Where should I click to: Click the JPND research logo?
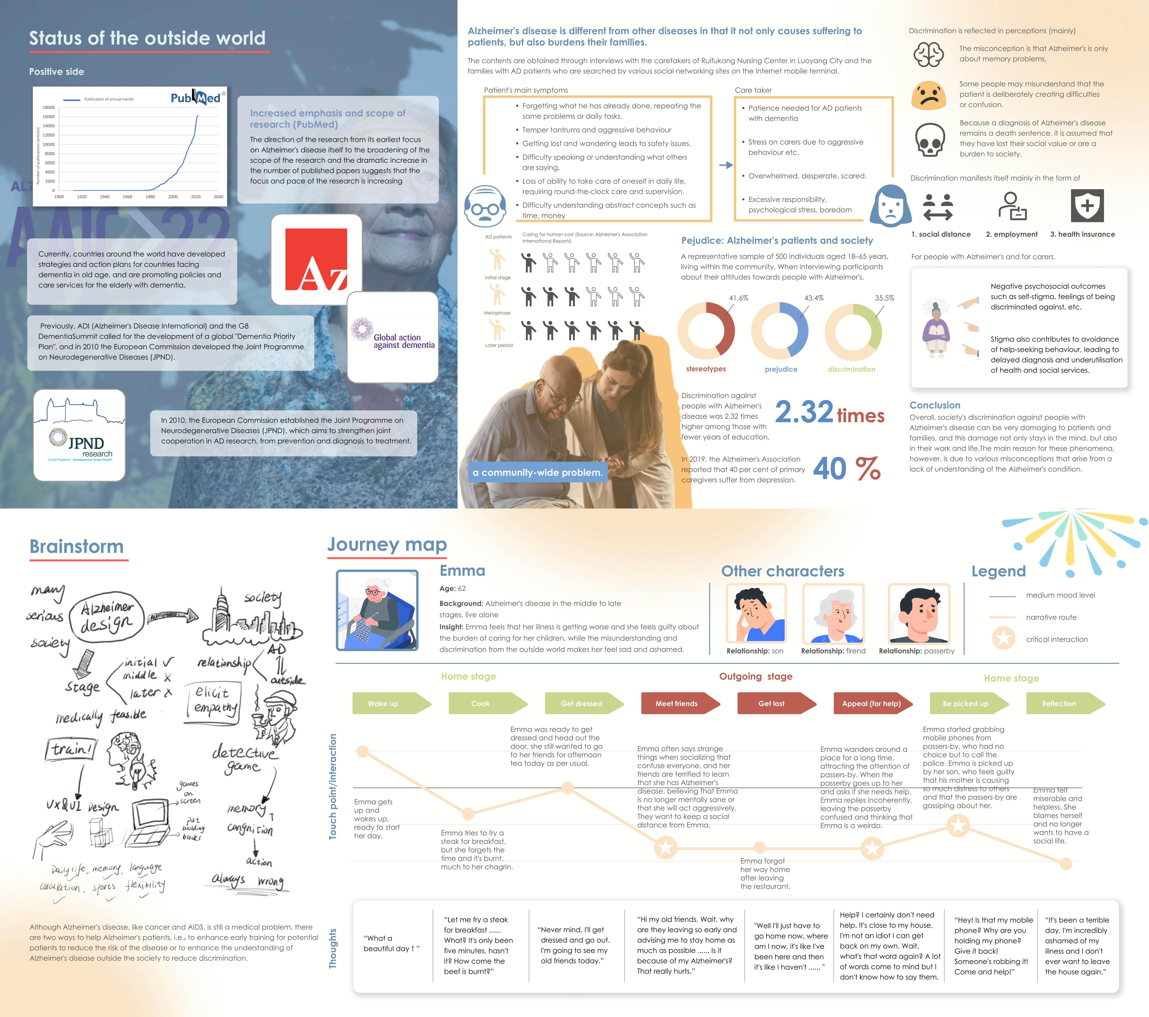click(79, 436)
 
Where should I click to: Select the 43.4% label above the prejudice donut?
click(814, 298)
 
